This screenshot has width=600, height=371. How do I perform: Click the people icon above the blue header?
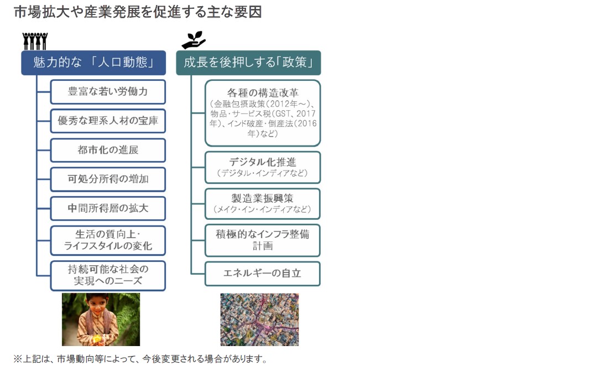click(x=35, y=41)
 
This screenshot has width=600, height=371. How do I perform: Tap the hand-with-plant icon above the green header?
click(x=194, y=40)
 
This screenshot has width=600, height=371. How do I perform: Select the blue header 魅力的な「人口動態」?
click(x=93, y=63)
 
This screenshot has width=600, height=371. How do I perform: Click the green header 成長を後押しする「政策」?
click(x=248, y=63)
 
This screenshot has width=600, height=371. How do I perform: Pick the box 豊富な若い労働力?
click(x=108, y=92)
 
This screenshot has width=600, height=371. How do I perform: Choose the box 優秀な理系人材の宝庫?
click(x=108, y=121)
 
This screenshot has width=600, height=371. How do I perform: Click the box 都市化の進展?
click(x=108, y=150)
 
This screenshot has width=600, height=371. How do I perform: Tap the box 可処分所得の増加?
click(x=108, y=179)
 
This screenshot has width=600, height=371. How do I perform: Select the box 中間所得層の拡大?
click(x=108, y=208)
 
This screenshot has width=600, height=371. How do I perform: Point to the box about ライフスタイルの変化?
click(x=108, y=240)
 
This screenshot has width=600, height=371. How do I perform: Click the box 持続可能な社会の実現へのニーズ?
click(x=108, y=276)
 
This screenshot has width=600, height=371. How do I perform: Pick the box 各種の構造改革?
click(x=263, y=113)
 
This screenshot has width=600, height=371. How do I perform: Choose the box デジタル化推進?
click(x=263, y=167)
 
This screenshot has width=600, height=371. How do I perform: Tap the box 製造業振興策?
click(x=263, y=204)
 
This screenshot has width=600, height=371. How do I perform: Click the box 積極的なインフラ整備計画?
click(x=263, y=240)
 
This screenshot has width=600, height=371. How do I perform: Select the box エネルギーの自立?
click(x=263, y=274)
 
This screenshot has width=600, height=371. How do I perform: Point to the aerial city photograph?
click(x=259, y=320)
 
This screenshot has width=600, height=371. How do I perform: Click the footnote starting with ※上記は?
click(x=140, y=359)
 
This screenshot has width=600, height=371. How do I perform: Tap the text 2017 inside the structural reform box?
click(x=306, y=114)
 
